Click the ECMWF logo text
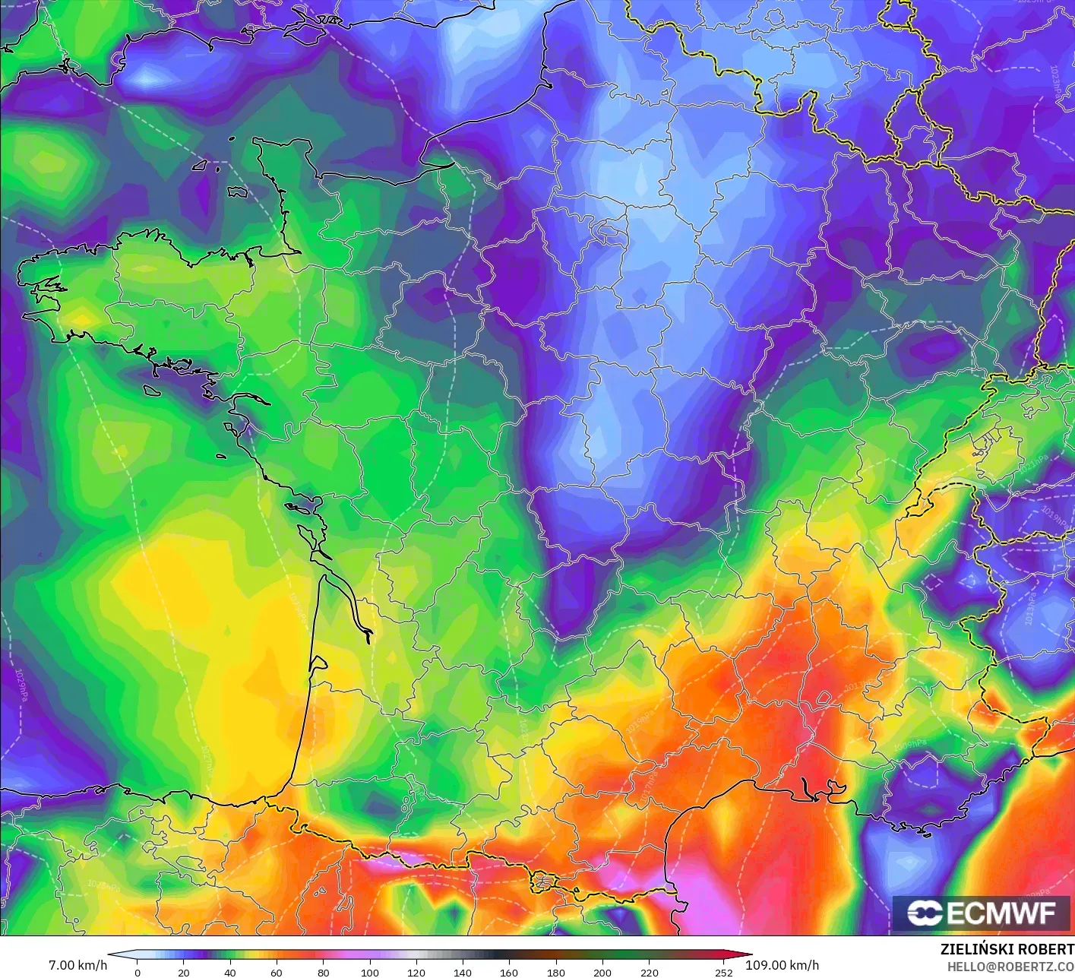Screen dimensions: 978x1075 click(x=1001, y=913)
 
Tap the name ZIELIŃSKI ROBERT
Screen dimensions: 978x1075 click(x=1007, y=949)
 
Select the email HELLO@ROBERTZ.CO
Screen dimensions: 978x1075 click(x=1010, y=966)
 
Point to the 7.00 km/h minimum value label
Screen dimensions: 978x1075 click(x=77, y=965)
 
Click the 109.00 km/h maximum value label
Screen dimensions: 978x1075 click(x=782, y=965)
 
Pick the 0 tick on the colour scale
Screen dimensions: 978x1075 click(x=138, y=972)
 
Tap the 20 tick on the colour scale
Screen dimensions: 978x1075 click(x=184, y=972)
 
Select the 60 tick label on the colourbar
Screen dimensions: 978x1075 click(x=277, y=972)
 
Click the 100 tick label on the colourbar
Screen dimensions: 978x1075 click(x=369, y=972)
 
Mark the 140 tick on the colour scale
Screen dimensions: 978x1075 click(x=463, y=972)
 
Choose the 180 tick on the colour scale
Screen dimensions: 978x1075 click(x=555, y=972)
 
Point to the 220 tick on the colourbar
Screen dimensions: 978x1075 click(x=649, y=972)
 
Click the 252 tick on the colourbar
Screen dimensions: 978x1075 click(x=723, y=972)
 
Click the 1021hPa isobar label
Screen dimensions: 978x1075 click(x=1033, y=466)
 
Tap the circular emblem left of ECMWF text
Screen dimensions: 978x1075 click(x=925, y=913)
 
